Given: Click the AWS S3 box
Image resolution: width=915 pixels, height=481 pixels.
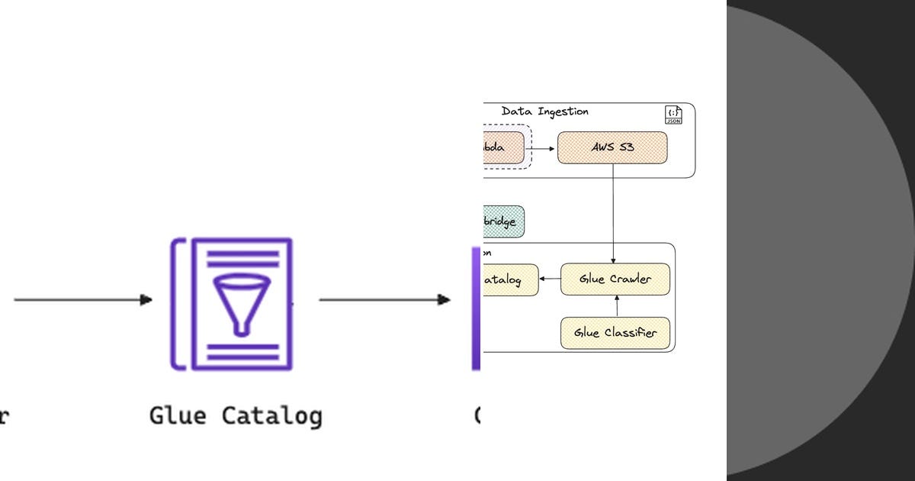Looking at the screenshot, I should (x=612, y=147).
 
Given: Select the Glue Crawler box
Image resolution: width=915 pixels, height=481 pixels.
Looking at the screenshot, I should (x=615, y=279).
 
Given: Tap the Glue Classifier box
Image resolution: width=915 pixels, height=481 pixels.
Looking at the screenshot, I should (x=615, y=333).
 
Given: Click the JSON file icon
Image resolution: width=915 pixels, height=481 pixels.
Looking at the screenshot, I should (x=673, y=115).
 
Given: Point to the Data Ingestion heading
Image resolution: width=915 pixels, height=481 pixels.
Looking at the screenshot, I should (x=544, y=111).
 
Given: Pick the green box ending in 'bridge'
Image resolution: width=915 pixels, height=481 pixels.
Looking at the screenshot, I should (x=503, y=221).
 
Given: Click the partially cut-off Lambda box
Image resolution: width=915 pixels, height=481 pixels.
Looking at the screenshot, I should (x=503, y=147).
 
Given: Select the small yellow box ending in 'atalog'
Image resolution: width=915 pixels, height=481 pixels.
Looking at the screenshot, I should (x=510, y=280).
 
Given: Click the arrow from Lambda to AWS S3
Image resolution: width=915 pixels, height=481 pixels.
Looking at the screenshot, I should (x=544, y=148).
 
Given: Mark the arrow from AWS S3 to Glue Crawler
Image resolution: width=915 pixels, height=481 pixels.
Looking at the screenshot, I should (x=613, y=214).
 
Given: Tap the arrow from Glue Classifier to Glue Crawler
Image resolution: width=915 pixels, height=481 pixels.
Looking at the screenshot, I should (x=618, y=306).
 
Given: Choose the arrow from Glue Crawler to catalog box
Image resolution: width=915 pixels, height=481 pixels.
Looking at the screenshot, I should (x=550, y=279).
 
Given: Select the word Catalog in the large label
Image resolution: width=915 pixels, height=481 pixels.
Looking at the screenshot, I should (x=272, y=416).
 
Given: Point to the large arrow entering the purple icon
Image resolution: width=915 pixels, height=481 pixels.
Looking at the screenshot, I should (x=83, y=300).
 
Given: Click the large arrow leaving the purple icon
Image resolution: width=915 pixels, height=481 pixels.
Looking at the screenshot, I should (x=384, y=300).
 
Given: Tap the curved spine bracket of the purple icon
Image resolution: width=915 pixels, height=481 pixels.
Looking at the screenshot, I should (x=178, y=304).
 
